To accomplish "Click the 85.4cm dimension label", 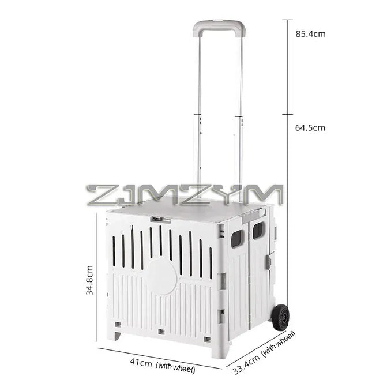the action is (x=310, y=34).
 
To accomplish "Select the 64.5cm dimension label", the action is (x=310, y=128).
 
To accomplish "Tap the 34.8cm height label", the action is (x=89, y=280).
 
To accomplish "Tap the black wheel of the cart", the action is (x=281, y=317).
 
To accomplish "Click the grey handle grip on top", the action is (x=219, y=28).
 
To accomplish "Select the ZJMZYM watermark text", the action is (x=185, y=195).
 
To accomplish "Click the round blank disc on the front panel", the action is (x=161, y=276).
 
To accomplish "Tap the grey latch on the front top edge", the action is (x=160, y=220).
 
